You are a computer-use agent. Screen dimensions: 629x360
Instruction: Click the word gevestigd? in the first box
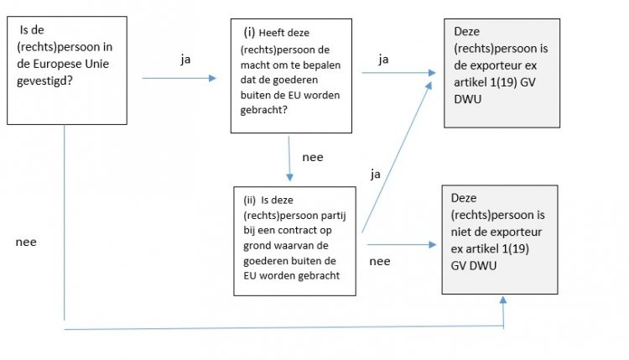click(x=44, y=81)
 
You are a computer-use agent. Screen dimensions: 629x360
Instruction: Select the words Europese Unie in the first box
click(x=71, y=64)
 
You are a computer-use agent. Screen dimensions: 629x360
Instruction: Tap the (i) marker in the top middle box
click(x=249, y=32)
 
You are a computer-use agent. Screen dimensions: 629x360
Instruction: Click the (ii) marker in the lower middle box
click(x=250, y=200)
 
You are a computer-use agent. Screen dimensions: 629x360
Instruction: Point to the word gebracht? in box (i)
click(x=263, y=110)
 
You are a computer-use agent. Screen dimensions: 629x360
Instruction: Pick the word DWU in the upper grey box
click(x=467, y=99)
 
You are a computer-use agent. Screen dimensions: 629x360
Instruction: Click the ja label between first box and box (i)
click(x=185, y=60)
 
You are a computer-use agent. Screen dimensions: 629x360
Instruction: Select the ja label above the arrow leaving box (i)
click(x=383, y=60)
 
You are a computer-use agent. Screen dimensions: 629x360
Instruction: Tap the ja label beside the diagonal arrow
click(x=375, y=175)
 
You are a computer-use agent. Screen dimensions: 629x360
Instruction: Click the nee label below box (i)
click(x=313, y=157)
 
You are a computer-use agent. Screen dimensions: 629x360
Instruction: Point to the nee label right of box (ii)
click(x=379, y=261)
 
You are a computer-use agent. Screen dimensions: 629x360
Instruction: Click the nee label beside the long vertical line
click(x=26, y=242)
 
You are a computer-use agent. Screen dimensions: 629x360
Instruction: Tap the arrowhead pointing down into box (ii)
click(x=289, y=177)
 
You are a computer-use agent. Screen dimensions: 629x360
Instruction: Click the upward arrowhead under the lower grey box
click(x=503, y=300)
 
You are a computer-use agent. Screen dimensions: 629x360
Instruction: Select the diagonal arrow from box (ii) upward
click(x=397, y=157)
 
